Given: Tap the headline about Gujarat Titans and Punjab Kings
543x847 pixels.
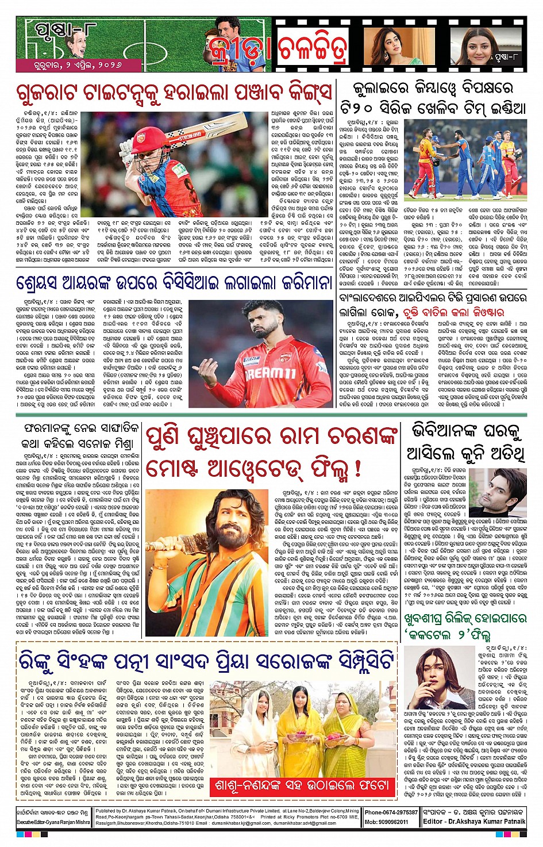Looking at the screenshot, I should (x=174, y=93).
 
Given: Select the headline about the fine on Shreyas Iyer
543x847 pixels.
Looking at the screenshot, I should (x=174, y=283).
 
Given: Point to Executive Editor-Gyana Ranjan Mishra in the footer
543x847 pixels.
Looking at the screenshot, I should (x=53, y=822).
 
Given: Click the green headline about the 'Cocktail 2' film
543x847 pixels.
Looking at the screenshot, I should (x=464, y=627).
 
